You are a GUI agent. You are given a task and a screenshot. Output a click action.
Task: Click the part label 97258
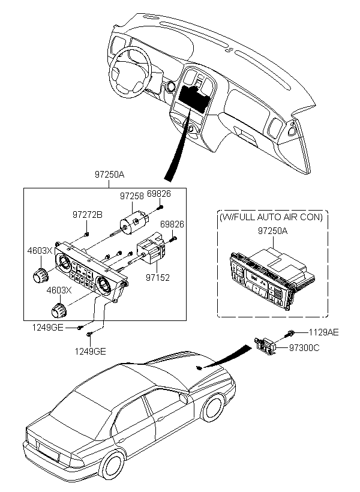(132, 196)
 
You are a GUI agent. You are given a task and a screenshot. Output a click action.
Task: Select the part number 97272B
(88, 215)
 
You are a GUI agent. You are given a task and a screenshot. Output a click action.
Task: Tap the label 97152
(158, 277)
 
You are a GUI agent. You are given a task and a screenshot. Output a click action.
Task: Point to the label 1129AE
(323, 332)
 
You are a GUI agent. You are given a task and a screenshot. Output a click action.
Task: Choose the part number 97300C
(304, 347)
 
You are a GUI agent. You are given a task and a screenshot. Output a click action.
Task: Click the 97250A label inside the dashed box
(273, 231)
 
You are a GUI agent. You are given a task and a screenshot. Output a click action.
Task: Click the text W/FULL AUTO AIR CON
(271, 217)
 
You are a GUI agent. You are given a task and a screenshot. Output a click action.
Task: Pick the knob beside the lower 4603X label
(59, 310)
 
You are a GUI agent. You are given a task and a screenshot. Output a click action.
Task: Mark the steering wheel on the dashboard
(130, 72)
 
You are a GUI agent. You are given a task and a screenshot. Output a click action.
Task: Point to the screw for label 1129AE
(289, 334)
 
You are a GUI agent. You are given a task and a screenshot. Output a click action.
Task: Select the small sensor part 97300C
(266, 346)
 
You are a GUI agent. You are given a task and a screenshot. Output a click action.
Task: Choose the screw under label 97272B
(86, 234)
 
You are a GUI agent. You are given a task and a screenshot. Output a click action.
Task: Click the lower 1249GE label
(90, 351)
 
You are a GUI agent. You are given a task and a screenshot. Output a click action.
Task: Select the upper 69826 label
(159, 194)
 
